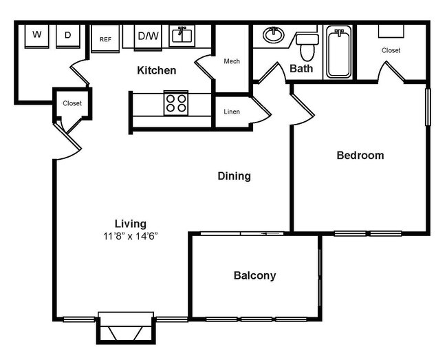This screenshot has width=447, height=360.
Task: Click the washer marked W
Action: pos(36,34)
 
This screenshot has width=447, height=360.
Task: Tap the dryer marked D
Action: pos(68,34)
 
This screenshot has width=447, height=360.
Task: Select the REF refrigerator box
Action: pos(105,39)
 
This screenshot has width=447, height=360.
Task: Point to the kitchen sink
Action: pos(182,34)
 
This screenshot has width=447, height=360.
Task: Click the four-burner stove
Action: pos(175,103)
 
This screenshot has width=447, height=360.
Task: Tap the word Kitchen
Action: pos(156,70)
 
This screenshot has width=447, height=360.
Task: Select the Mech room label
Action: pos(232,61)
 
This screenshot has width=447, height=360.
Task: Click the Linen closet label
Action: pos(232,111)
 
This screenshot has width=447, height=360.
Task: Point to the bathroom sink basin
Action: pos(274,34)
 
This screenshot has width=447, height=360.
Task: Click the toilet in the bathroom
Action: pos(307,45)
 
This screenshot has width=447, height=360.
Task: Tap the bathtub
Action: pos(338,51)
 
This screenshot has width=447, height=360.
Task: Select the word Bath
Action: pos(301,68)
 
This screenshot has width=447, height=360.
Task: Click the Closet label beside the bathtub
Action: pos(391,50)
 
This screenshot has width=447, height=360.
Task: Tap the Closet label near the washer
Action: pos(72,103)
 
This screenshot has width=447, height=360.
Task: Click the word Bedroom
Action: pos(360,156)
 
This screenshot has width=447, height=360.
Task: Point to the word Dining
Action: pos(234,176)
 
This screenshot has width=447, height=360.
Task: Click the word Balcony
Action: pos(254,276)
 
